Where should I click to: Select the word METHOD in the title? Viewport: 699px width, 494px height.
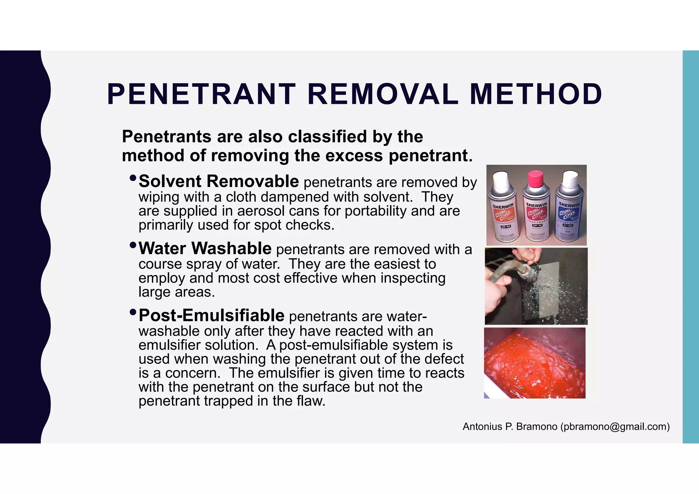[536, 94]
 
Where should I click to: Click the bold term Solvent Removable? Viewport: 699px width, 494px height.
[218, 181]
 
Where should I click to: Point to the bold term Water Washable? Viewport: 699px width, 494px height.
[205, 249]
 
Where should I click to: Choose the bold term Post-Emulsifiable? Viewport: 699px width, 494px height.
[211, 316]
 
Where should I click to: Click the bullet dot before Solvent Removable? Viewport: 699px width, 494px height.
[133, 178]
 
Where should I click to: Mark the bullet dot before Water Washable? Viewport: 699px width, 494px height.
[133, 245]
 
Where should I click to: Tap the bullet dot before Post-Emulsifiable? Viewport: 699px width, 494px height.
[133, 312]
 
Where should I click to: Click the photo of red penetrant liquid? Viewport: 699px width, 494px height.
[534, 363]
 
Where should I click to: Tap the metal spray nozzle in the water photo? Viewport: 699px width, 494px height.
[527, 273]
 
